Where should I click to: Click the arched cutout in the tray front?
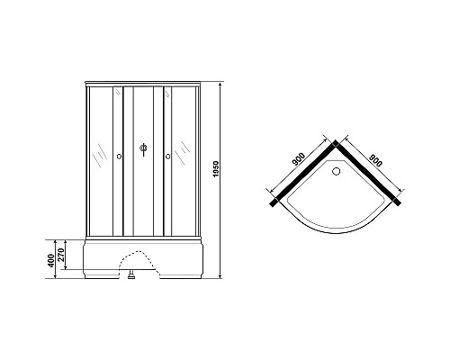(135, 256)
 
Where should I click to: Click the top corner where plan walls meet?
(335, 142)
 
